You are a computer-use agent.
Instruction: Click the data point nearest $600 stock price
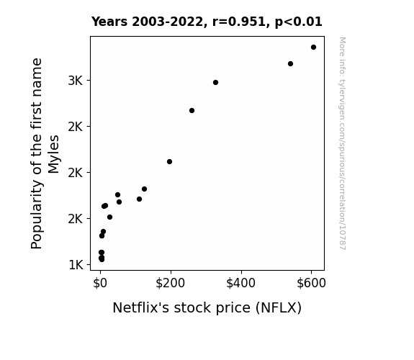pos(313,48)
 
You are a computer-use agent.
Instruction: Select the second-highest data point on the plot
pos(290,63)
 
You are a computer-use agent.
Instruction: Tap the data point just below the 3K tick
pos(215,82)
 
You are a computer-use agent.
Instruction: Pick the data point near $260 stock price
pos(192,110)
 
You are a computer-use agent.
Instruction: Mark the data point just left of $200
pos(169,162)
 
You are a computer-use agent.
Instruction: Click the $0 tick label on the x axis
pos(100,283)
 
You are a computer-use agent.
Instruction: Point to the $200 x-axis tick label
pos(171,283)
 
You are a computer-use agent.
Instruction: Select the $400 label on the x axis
pos(240,283)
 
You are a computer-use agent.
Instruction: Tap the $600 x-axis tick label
pos(311,283)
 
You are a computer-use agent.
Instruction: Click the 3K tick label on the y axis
pos(76,81)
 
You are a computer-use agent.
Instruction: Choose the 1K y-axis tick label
pos(76,265)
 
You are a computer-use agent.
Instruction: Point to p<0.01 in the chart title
pos(299,22)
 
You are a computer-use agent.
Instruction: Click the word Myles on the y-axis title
pos(53,154)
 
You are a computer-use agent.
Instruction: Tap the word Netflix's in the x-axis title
pos(140,307)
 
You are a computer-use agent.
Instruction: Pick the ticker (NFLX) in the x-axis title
pos(279,308)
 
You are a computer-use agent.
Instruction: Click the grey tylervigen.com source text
pos(343,143)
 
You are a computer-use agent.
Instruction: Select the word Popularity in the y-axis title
pos(37,215)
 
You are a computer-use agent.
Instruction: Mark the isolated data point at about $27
pos(110,217)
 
